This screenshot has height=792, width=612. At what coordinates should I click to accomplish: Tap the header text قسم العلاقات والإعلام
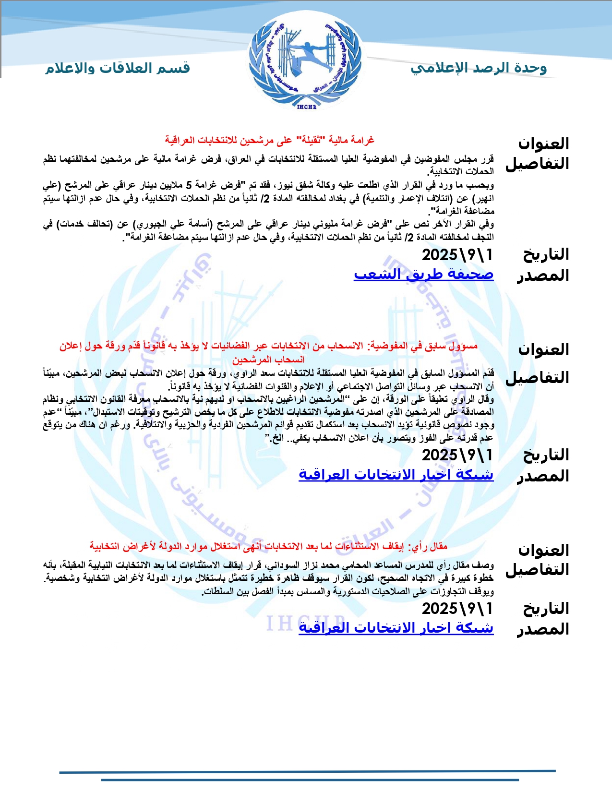point(118,68)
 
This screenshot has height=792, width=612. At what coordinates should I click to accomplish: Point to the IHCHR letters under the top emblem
point(306,107)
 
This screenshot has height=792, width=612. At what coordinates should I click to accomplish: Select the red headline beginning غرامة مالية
point(269,140)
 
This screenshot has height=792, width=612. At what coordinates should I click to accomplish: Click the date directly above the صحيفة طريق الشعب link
point(457,254)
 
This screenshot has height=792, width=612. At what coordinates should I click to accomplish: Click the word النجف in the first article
point(482,237)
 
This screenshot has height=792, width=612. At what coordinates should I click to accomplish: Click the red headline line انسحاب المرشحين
point(268,359)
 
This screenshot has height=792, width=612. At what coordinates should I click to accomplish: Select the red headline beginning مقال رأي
point(268,546)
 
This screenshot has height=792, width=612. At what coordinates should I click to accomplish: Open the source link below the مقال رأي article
point(396,627)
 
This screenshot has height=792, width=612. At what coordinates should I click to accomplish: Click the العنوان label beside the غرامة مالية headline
point(543,144)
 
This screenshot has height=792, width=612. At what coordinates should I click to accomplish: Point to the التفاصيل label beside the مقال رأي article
point(537,569)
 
